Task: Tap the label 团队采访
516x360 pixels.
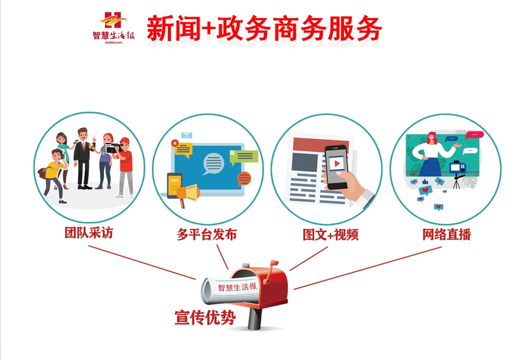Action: point(89,233)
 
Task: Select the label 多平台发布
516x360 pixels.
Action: point(207,234)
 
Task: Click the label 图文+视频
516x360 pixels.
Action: point(330,235)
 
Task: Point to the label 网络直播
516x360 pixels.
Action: point(446,234)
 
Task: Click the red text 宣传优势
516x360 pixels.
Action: point(205,317)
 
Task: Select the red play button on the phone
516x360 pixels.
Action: point(337,164)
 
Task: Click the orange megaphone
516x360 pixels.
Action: point(188,195)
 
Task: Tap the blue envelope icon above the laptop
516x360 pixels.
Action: point(187,135)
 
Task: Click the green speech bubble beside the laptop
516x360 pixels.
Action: point(244,157)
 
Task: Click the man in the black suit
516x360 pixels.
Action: point(84,158)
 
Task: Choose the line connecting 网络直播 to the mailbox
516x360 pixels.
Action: point(367,268)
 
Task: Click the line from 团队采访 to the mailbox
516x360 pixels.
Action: point(142,262)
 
